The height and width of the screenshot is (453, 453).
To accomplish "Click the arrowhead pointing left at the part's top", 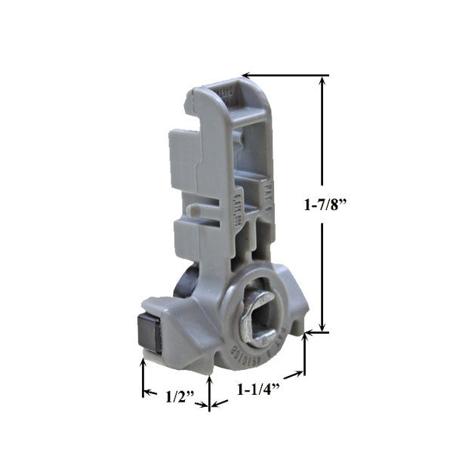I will point(246,75).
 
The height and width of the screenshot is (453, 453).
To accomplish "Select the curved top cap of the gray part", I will point(226,94).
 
